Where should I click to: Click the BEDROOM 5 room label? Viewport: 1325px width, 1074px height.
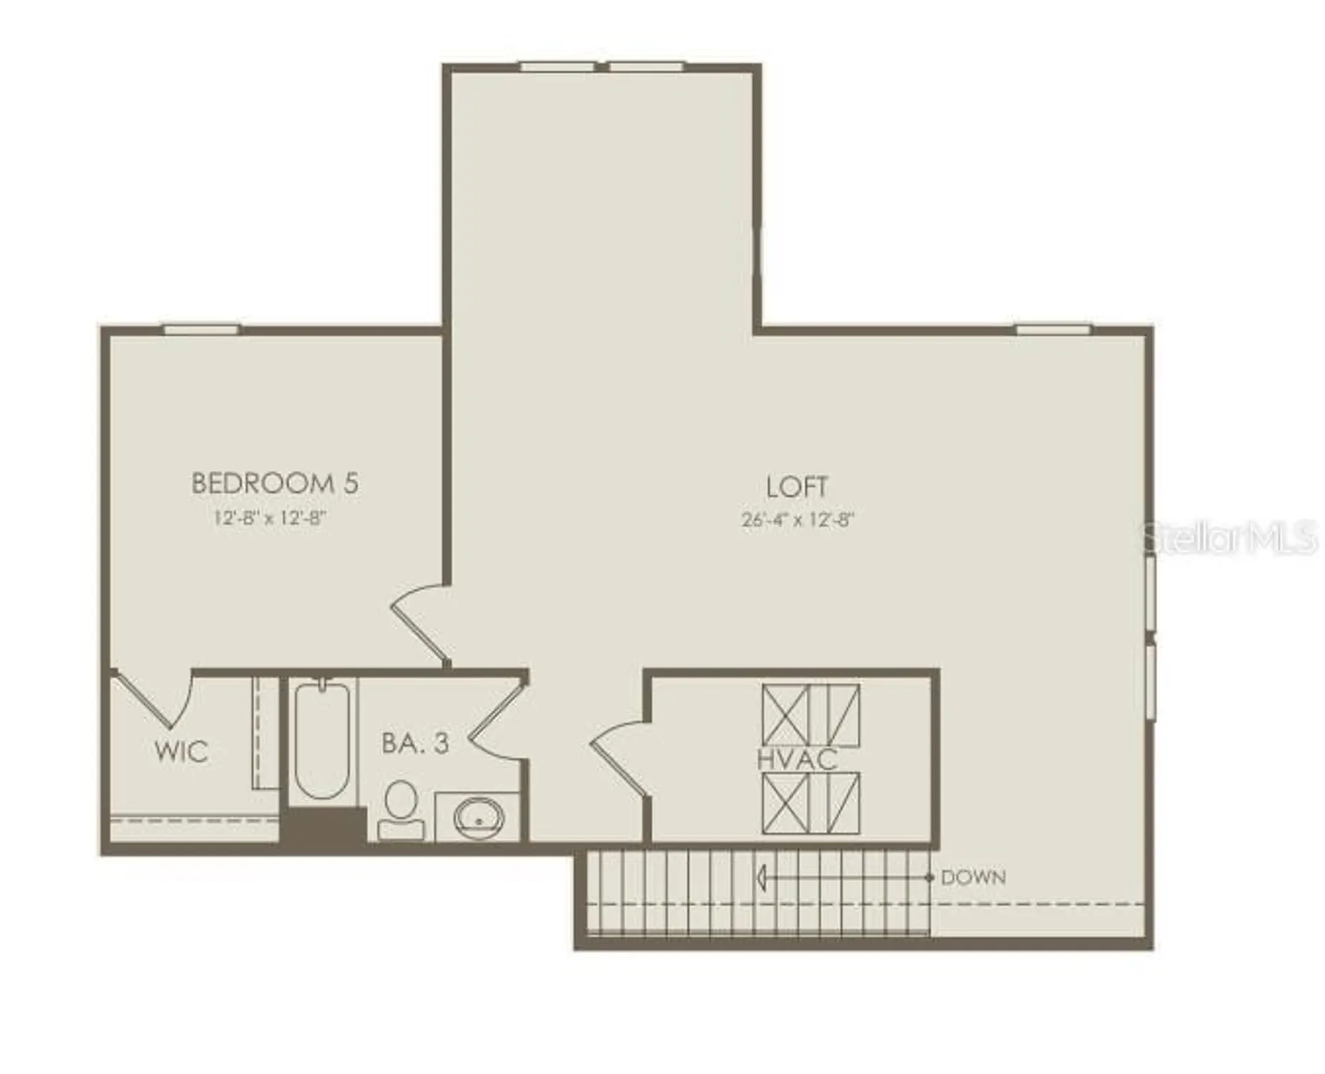coord(274,483)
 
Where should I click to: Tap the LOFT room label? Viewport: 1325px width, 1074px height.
coord(796,487)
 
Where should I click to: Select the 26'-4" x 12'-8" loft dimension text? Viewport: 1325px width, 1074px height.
coord(797,520)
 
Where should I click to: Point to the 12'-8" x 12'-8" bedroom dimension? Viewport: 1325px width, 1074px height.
coord(271,518)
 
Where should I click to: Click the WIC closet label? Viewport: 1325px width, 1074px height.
coord(181,751)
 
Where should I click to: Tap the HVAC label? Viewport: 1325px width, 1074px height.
coord(797,760)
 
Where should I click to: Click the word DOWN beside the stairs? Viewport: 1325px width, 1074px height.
coord(973,877)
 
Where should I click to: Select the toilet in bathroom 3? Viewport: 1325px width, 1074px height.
coord(401,809)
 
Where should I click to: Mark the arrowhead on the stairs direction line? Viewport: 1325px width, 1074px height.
coord(762,877)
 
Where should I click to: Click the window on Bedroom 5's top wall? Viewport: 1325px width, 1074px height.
coord(201,329)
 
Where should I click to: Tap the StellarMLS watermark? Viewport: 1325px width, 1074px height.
coord(1228,537)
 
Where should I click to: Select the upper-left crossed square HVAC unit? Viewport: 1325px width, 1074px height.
coord(785,714)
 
